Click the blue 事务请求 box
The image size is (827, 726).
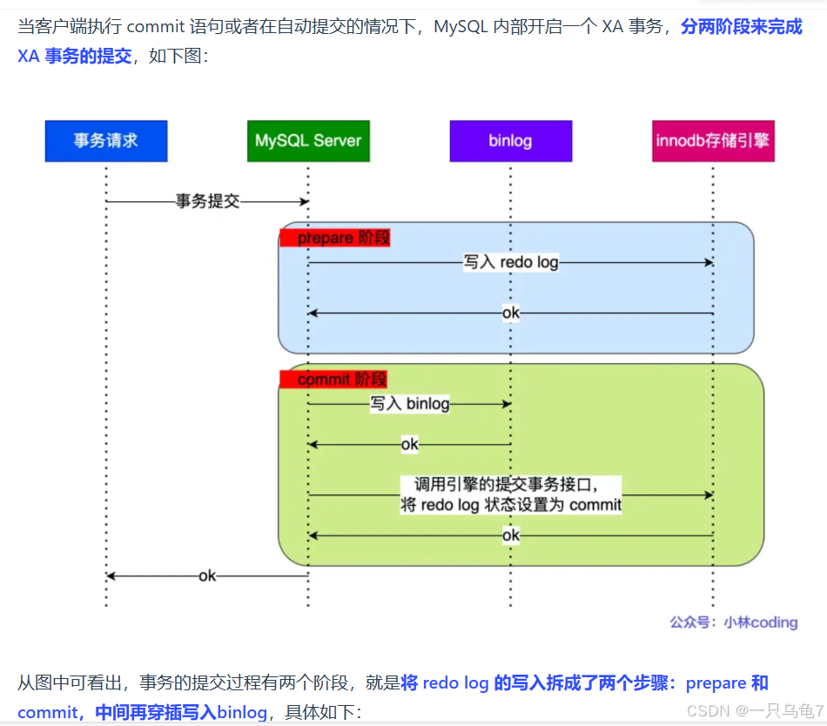point(106,141)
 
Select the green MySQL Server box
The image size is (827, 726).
point(308,141)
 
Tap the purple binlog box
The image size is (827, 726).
point(510,141)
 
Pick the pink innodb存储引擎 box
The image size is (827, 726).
point(712,141)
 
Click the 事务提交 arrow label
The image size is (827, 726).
point(207,201)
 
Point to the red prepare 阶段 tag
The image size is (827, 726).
point(335,238)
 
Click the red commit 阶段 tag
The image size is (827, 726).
point(333,380)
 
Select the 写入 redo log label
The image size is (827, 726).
point(511,262)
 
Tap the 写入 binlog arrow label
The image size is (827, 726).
point(409,404)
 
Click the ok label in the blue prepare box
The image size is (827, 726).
point(511,313)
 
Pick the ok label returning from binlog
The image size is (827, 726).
point(409,445)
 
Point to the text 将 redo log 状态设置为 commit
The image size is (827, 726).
point(511,505)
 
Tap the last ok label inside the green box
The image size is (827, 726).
point(511,535)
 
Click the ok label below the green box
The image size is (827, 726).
point(207,575)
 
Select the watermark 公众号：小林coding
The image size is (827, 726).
point(733,622)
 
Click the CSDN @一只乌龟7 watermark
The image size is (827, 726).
point(754,710)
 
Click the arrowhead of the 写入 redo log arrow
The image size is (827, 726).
point(709,262)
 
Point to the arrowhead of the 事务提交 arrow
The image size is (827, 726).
point(305,201)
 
